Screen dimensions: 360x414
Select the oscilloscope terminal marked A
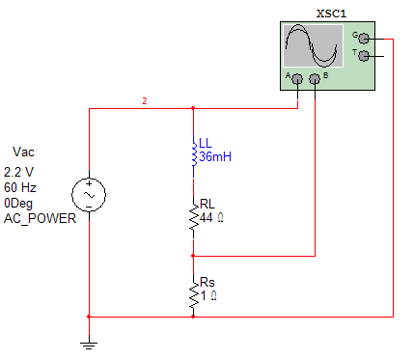(x=297, y=78)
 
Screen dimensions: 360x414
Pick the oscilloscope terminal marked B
(x=315, y=78)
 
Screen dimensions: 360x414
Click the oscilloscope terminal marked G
(x=364, y=38)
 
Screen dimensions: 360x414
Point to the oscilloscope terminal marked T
(x=364, y=56)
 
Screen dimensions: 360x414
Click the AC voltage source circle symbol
(x=89, y=194)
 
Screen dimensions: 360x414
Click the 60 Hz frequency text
(x=21, y=187)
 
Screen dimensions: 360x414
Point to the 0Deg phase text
(x=20, y=204)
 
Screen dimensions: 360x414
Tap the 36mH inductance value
(x=215, y=156)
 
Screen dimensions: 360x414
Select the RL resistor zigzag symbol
(x=193, y=222)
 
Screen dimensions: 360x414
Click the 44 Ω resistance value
(x=212, y=219)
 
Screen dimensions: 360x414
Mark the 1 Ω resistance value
(x=208, y=296)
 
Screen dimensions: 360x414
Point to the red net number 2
(x=144, y=101)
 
